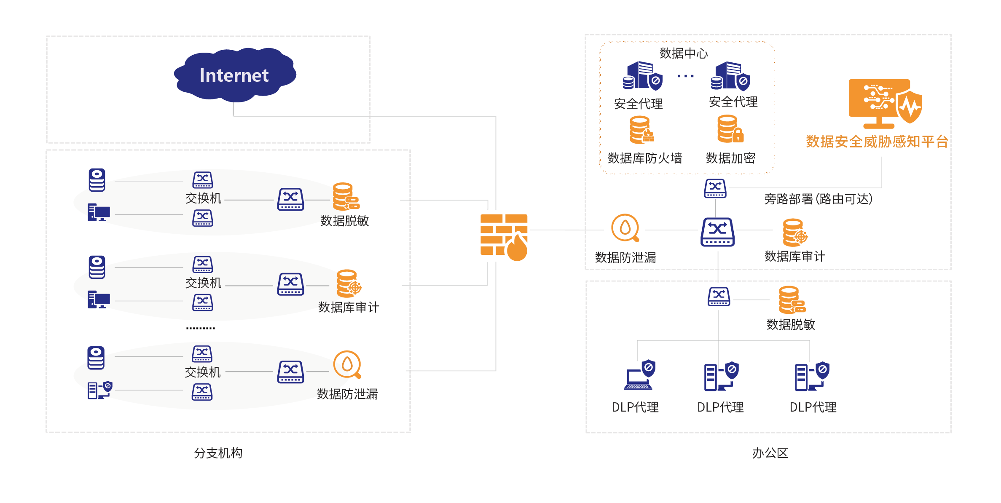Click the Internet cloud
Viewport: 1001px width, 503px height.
point(234,75)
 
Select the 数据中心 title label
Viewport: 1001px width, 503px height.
point(683,53)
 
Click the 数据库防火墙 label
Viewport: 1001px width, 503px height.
point(644,158)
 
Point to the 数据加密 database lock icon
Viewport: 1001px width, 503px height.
point(730,129)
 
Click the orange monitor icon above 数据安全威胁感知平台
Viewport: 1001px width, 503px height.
point(884,103)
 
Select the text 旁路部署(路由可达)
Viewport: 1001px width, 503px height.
point(818,199)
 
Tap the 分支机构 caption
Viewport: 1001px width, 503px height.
point(218,453)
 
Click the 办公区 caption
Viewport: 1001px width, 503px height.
point(770,453)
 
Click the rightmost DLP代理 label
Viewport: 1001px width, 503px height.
point(813,407)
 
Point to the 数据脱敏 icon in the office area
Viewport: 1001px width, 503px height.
point(792,300)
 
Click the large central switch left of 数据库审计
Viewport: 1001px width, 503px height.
point(717,232)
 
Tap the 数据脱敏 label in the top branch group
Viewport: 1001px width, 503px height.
point(344,221)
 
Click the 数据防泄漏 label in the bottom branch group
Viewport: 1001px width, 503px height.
point(347,394)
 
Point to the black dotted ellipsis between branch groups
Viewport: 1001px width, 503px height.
point(201,328)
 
